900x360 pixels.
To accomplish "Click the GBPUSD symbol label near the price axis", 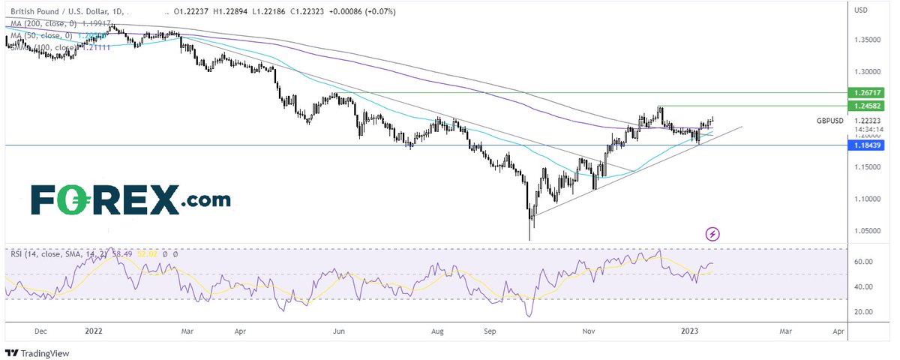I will tap(830, 120).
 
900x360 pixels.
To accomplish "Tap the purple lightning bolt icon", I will tap(712, 234).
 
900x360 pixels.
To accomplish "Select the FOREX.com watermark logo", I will tap(130, 200).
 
